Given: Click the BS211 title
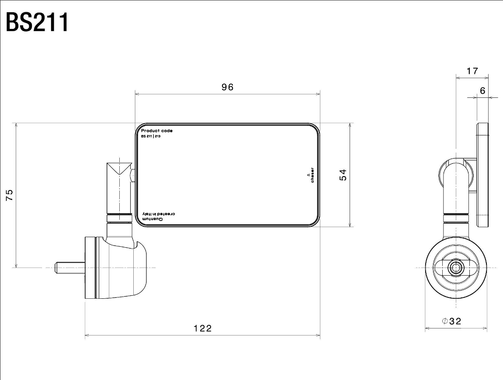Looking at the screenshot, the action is click(37, 22).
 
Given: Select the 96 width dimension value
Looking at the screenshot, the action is click(227, 87).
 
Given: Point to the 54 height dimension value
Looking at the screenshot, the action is click(343, 175).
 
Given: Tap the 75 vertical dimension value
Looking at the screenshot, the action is click(10, 195).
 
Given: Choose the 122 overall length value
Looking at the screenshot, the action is click(203, 328).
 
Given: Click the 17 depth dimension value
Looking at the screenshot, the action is click(472, 71).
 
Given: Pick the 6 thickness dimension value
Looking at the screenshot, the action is click(483, 91).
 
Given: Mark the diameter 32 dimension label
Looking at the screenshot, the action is click(451, 321).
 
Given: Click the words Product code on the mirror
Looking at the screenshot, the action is click(157, 131).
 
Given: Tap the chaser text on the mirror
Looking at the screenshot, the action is click(312, 176).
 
